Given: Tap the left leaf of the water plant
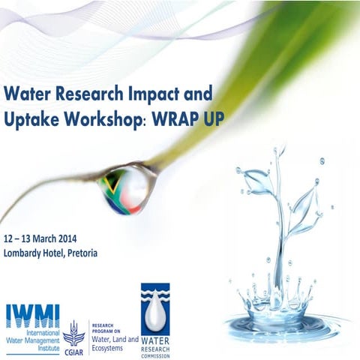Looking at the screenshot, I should [256, 182].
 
